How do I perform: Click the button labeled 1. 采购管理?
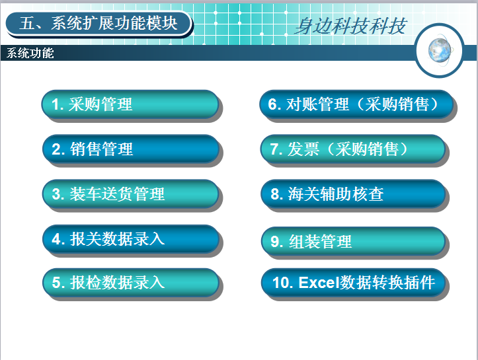click(130, 104)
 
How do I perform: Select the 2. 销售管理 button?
click(131, 149)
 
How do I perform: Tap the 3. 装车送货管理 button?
click(130, 194)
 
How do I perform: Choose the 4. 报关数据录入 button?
click(131, 238)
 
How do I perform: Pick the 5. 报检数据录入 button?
click(131, 282)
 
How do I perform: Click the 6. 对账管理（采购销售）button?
click(356, 104)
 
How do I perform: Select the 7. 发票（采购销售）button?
click(353, 149)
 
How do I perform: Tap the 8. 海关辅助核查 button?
click(353, 194)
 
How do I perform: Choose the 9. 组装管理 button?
click(353, 241)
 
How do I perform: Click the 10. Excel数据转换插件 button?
click(353, 282)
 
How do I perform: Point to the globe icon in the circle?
click(440, 50)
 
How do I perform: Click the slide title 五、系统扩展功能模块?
click(98, 24)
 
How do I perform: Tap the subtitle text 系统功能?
click(30, 53)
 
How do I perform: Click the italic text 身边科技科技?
click(350, 26)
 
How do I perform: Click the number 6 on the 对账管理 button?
click(272, 104)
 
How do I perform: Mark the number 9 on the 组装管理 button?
click(274, 242)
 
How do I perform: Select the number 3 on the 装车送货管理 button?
click(56, 194)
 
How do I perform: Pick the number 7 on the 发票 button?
click(274, 149)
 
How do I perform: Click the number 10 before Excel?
click(280, 282)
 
